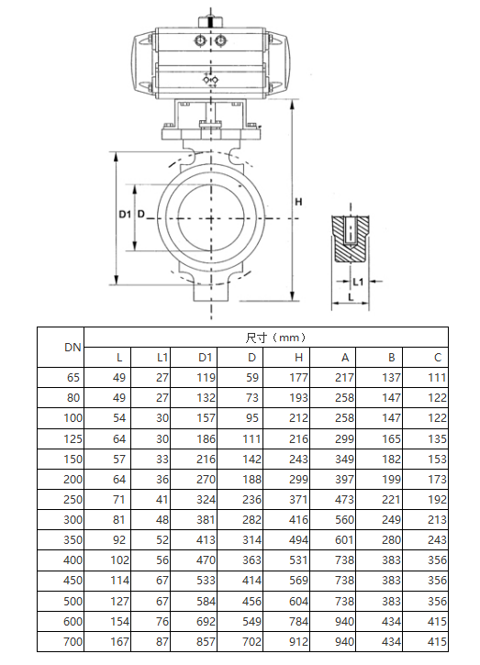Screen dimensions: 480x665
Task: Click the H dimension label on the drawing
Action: point(298,202)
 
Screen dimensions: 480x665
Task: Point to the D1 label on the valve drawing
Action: point(124,215)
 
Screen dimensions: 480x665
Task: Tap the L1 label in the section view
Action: point(358,282)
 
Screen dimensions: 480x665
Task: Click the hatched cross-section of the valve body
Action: point(351,238)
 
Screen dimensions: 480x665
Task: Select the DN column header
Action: point(73,348)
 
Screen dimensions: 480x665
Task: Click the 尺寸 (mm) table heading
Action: point(275,338)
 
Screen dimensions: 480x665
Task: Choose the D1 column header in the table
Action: point(205,358)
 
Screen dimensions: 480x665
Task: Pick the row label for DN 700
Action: point(73,642)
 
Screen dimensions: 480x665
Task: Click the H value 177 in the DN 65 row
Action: point(298,378)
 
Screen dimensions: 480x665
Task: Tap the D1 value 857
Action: point(206,642)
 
